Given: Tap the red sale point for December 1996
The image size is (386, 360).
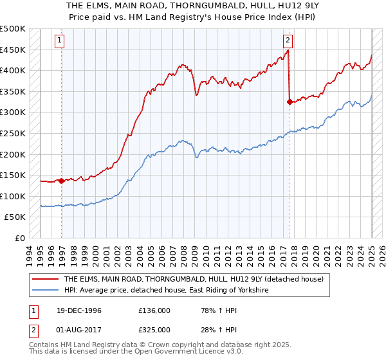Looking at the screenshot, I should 62,181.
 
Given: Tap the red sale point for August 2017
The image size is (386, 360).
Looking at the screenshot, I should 289,102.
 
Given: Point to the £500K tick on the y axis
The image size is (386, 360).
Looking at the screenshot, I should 13,29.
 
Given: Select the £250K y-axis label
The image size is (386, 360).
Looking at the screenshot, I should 13,133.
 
